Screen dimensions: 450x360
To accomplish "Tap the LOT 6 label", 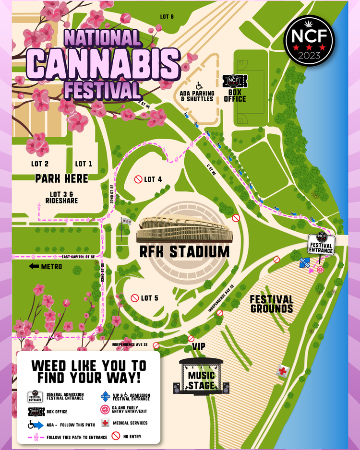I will [167, 17].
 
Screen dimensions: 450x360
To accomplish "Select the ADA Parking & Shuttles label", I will [197, 95].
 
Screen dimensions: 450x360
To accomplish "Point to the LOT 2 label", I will [40, 164].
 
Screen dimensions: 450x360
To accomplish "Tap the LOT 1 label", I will [84, 164].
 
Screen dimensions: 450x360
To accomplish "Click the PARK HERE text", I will [61, 178].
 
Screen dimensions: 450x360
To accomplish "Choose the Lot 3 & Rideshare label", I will [61, 197].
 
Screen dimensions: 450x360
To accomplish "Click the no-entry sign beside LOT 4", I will [138, 179].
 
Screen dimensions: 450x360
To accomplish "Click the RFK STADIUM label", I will [184, 251].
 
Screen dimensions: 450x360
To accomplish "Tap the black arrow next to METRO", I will [34, 266].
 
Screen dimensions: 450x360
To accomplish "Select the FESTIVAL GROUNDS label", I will [271, 304].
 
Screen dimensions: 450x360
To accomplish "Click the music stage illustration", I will [201, 376].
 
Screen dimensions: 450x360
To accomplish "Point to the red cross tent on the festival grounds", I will [283, 371].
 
